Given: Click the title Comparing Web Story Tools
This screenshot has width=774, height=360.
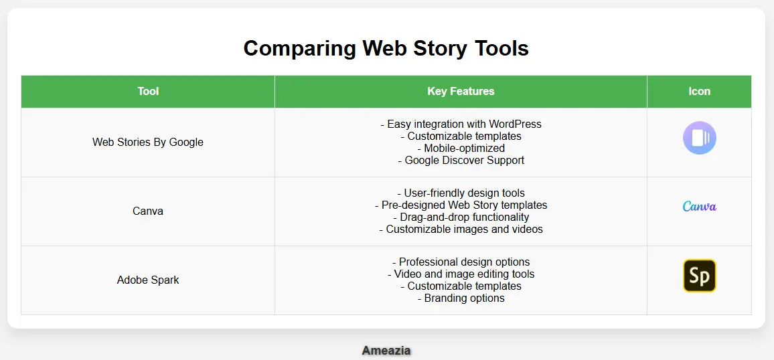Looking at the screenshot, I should tap(386, 48).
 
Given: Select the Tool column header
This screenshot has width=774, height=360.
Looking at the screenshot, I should tap(148, 91).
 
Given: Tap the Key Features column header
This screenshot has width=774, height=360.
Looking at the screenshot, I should tap(461, 91).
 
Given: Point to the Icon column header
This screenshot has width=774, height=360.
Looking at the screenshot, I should tap(699, 91).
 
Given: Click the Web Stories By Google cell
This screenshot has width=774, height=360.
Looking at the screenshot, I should tap(148, 142).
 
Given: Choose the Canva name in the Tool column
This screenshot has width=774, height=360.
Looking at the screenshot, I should tap(148, 211).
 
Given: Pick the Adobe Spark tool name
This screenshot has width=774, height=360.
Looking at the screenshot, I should tap(148, 280).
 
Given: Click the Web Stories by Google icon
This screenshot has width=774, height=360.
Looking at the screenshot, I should tap(699, 138).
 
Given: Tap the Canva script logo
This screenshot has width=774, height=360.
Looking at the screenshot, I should tap(699, 206).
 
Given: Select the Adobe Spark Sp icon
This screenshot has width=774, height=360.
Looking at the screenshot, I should tap(699, 276).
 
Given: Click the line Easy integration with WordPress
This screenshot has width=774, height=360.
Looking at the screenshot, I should tap(461, 124).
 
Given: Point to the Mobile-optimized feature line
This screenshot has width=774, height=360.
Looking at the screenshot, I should tap(461, 148).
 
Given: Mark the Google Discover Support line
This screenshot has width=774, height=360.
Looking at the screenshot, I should tap(461, 160).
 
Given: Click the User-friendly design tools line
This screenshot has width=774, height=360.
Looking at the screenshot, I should tap(461, 193).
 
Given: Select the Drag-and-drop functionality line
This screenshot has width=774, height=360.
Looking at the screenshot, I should tap(461, 217).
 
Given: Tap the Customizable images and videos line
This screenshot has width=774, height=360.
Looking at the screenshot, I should tap(461, 229).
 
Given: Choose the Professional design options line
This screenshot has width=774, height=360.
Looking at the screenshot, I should tap(461, 262).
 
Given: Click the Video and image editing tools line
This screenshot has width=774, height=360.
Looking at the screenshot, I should tap(461, 274).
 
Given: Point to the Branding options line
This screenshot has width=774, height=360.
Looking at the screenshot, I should tap(461, 298).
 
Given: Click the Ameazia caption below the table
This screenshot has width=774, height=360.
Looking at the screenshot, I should tap(386, 350).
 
